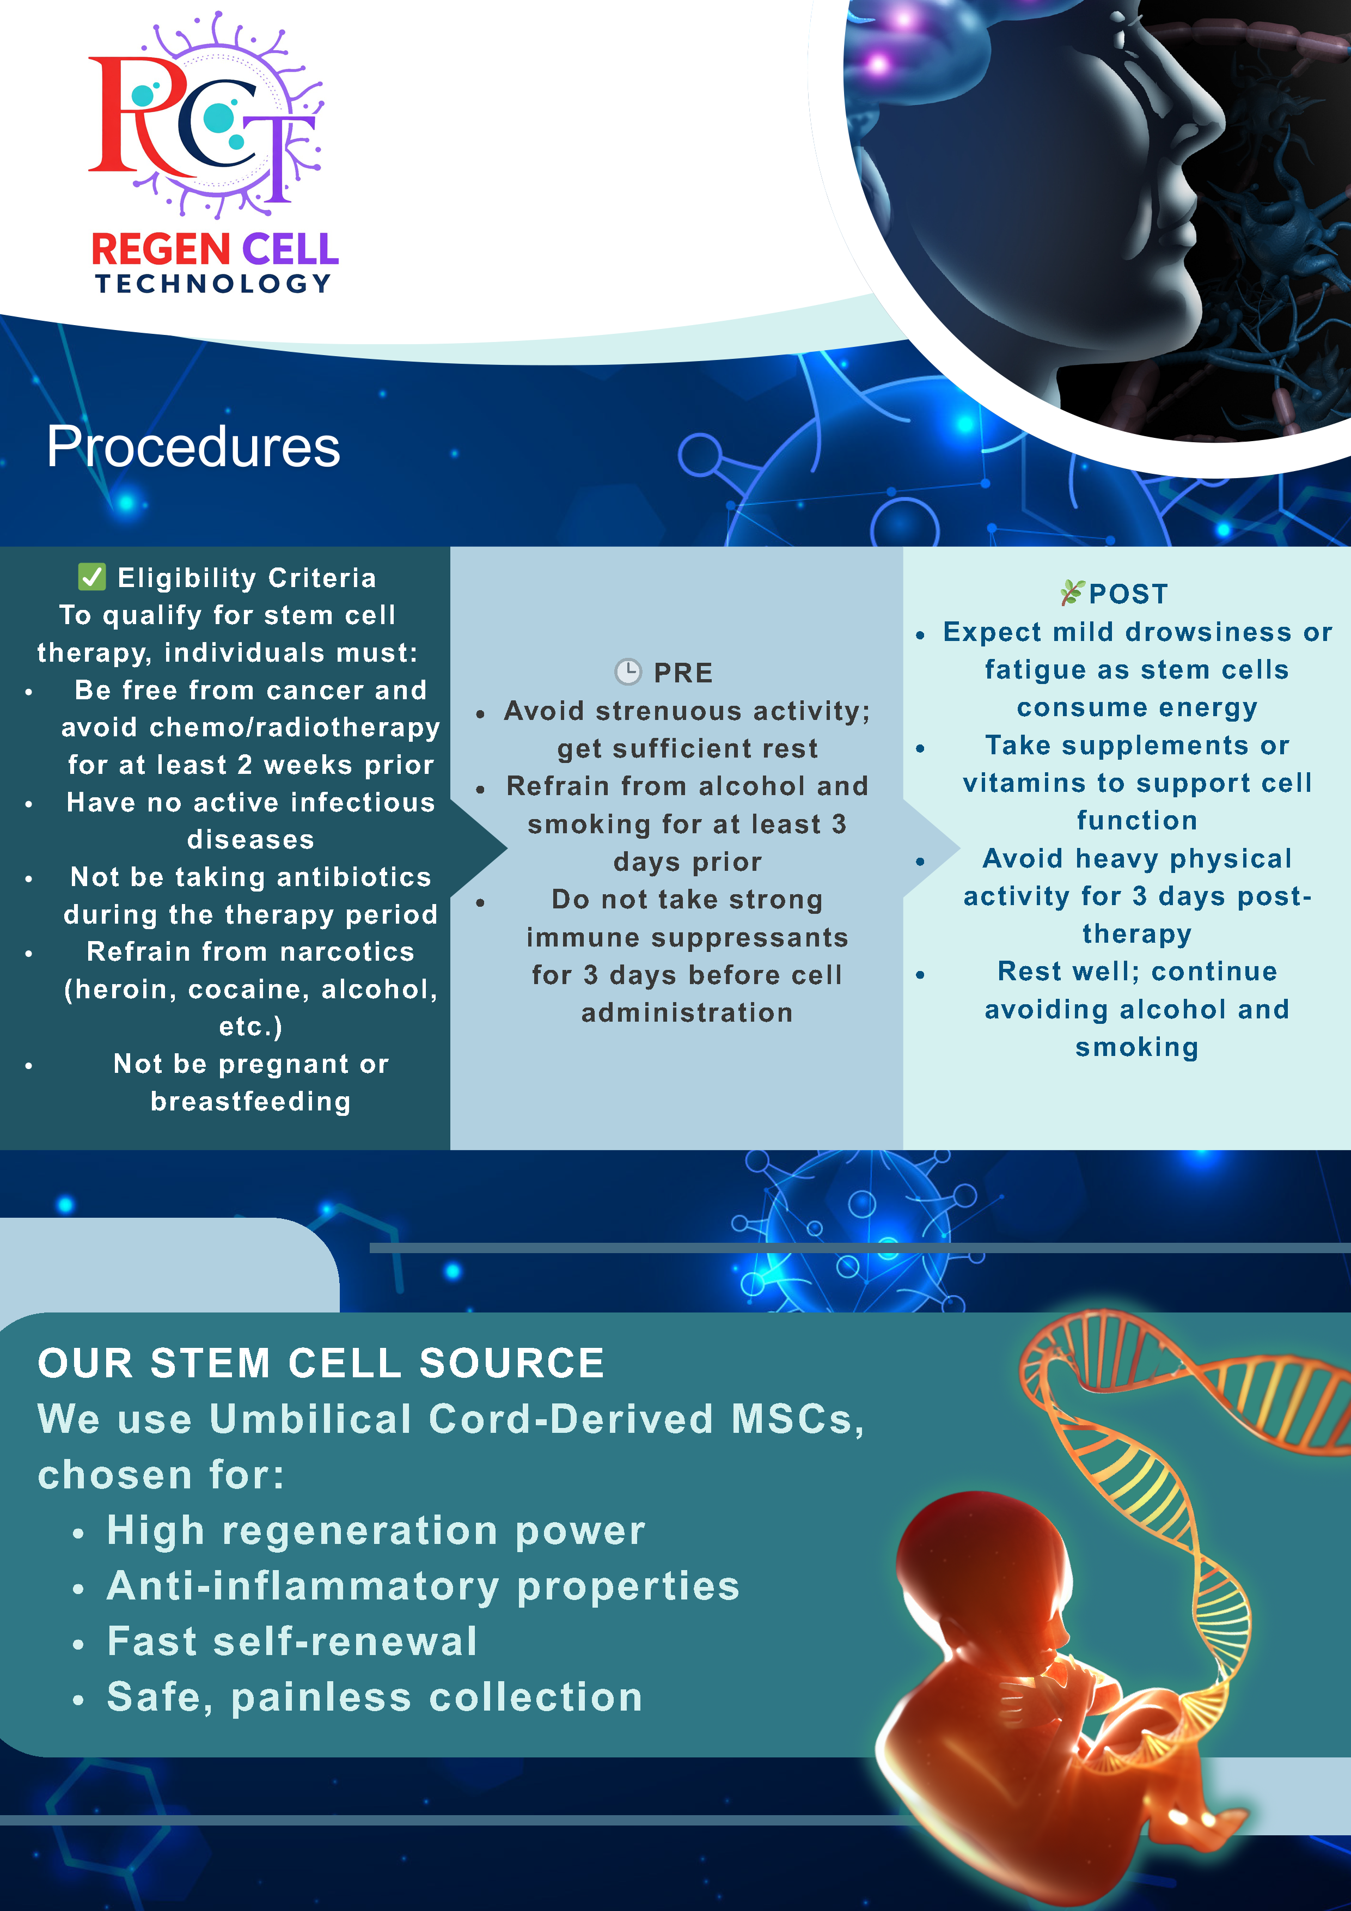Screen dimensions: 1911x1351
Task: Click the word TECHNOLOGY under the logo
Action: point(214,284)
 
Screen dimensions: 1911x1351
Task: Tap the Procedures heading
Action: point(193,447)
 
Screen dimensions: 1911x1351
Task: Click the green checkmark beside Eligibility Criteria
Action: point(91,577)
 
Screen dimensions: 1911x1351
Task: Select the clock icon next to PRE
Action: point(628,671)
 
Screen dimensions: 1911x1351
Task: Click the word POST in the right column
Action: point(1129,594)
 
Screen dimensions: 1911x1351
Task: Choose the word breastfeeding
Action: point(250,1102)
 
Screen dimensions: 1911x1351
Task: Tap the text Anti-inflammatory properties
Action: point(423,1586)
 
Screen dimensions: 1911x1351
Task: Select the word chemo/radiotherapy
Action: point(293,728)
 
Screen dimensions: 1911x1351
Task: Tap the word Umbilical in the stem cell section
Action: point(310,1420)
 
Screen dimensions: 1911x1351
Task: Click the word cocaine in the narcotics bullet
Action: point(249,990)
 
